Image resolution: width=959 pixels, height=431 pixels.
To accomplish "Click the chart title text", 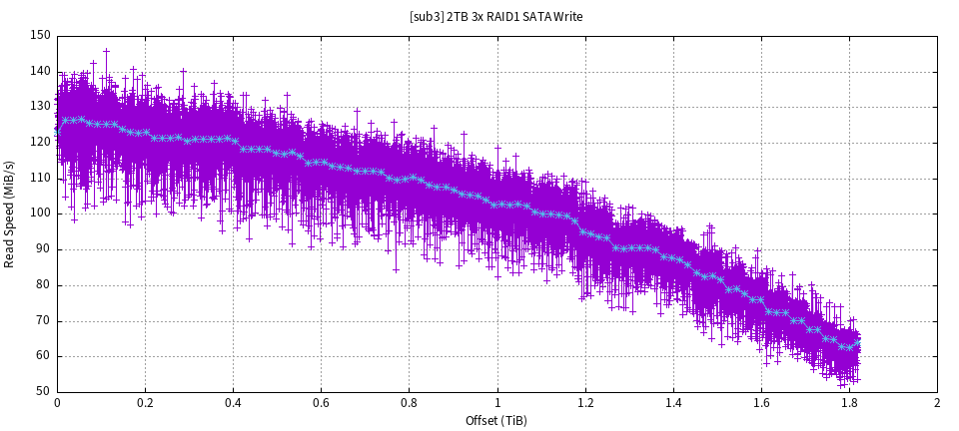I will coord(496,16).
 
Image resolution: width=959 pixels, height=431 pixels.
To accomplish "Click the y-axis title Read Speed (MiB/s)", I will coord(10,214).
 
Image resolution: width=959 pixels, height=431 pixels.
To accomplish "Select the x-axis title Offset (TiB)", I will coord(496,420).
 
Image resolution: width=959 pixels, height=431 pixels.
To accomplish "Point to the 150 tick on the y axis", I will coord(40,35).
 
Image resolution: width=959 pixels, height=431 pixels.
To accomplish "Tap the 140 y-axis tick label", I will coord(40,71).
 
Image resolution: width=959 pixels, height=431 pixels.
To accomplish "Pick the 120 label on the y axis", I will coord(40,142).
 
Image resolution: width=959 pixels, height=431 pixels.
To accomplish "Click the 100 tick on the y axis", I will coord(40,214).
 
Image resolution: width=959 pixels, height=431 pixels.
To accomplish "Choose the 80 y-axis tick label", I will coord(43,285).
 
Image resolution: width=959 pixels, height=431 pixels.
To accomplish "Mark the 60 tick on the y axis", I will coord(43,356).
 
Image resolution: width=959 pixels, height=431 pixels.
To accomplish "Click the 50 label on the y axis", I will coord(43,392).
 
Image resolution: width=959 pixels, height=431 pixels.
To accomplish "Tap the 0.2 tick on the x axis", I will coord(145,403).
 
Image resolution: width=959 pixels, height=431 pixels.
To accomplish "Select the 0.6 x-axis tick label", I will coord(321,403).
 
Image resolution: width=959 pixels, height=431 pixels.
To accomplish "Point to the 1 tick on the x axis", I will coord(497,403).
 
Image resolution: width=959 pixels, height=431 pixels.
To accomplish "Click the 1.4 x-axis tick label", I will coord(673,403).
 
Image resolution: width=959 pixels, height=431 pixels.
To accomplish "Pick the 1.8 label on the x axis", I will coord(849,403).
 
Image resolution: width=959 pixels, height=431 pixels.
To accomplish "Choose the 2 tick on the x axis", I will coord(937,403).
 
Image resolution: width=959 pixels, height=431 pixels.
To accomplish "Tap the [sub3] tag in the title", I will coord(427,16).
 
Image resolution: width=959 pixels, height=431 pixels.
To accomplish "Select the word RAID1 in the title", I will coord(503,16).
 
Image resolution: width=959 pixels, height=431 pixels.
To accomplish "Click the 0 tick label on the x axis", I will coord(57,403).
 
